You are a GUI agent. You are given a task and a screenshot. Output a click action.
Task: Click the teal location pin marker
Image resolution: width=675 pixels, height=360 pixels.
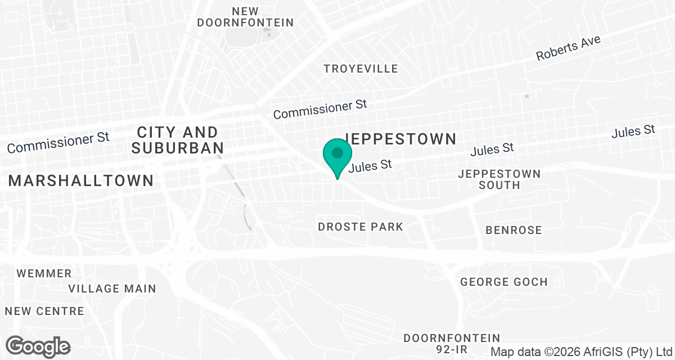[x=337, y=156]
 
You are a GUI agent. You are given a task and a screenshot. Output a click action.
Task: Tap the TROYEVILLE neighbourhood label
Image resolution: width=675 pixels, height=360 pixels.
[x=361, y=69]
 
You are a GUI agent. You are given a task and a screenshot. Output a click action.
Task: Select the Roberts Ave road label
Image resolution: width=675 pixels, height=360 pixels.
[x=568, y=48]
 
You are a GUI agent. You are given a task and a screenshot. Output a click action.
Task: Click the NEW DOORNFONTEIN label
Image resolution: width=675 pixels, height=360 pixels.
[x=245, y=17]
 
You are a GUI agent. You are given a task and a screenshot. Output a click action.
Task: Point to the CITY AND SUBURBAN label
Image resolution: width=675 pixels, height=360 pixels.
[x=177, y=140]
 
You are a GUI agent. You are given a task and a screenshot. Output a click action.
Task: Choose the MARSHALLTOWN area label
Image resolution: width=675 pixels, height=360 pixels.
[x=80, y=181]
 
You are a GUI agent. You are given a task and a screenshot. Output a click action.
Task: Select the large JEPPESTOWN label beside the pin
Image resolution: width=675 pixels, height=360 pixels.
[x=399, y=139]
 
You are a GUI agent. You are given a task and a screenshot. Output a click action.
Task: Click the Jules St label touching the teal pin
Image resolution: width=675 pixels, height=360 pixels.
[x=370, y=166]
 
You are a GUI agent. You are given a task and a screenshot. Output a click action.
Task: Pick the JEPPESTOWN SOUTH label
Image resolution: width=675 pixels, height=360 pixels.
[x=499, y=179]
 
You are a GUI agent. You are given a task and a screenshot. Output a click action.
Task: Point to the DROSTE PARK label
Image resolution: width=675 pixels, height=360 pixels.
[x=361, y=227]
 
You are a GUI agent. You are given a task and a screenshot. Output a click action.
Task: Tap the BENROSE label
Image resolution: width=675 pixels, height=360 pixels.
[x=514, y=230]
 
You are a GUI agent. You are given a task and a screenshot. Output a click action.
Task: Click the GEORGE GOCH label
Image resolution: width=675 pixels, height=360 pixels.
[x=503, y=282]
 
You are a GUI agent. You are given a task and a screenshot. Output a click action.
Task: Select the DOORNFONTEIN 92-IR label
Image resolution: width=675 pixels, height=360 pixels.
[x=452, y=344]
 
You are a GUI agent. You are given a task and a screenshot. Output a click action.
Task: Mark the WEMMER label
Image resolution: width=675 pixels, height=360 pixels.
[x=44, y=274]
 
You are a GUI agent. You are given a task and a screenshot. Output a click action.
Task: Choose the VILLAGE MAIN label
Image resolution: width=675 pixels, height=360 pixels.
[x=112, y=289]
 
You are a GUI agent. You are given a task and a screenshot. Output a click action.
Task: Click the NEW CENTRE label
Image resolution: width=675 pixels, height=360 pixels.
[x=44, y=311]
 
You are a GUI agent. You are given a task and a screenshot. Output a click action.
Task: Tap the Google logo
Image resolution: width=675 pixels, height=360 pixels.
[x=38, y=346]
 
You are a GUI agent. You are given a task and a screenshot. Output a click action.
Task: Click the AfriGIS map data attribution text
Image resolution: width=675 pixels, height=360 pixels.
[x=582, y=352]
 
